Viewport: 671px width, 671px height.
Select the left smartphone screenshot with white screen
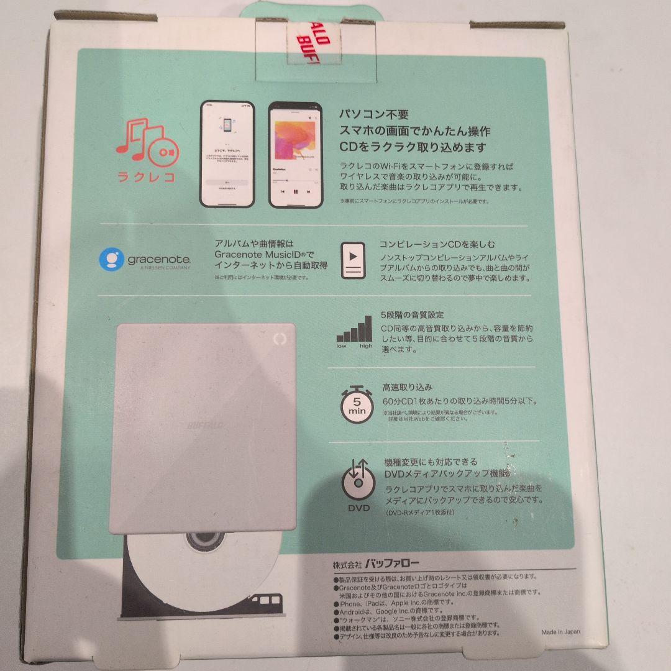tap(227, 154)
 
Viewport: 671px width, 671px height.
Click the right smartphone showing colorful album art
tap(295, 154)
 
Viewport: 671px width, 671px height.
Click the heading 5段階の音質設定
tap(413, 315)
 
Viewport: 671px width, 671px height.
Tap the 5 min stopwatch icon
tap(357, 403)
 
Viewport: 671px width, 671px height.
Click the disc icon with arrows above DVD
tap(358, 482)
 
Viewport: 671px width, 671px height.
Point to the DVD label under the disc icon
tap(358, 508)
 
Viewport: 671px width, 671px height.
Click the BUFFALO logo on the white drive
tap(206, 425)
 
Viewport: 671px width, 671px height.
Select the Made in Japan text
tap(560, 631)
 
